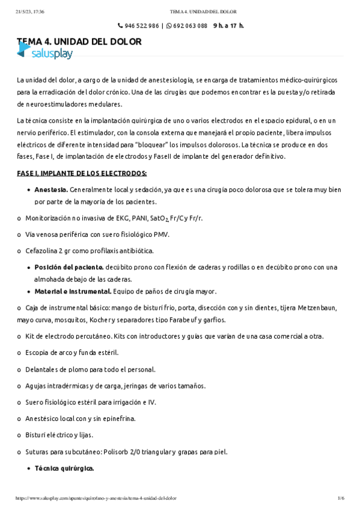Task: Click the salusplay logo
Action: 44,54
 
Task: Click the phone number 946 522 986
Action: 142,26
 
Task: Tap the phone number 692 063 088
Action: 190,26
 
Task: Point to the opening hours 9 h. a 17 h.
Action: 228,26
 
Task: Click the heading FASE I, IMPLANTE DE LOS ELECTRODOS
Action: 82,173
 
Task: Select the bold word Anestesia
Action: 50,189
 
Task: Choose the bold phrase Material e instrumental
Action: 73,291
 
